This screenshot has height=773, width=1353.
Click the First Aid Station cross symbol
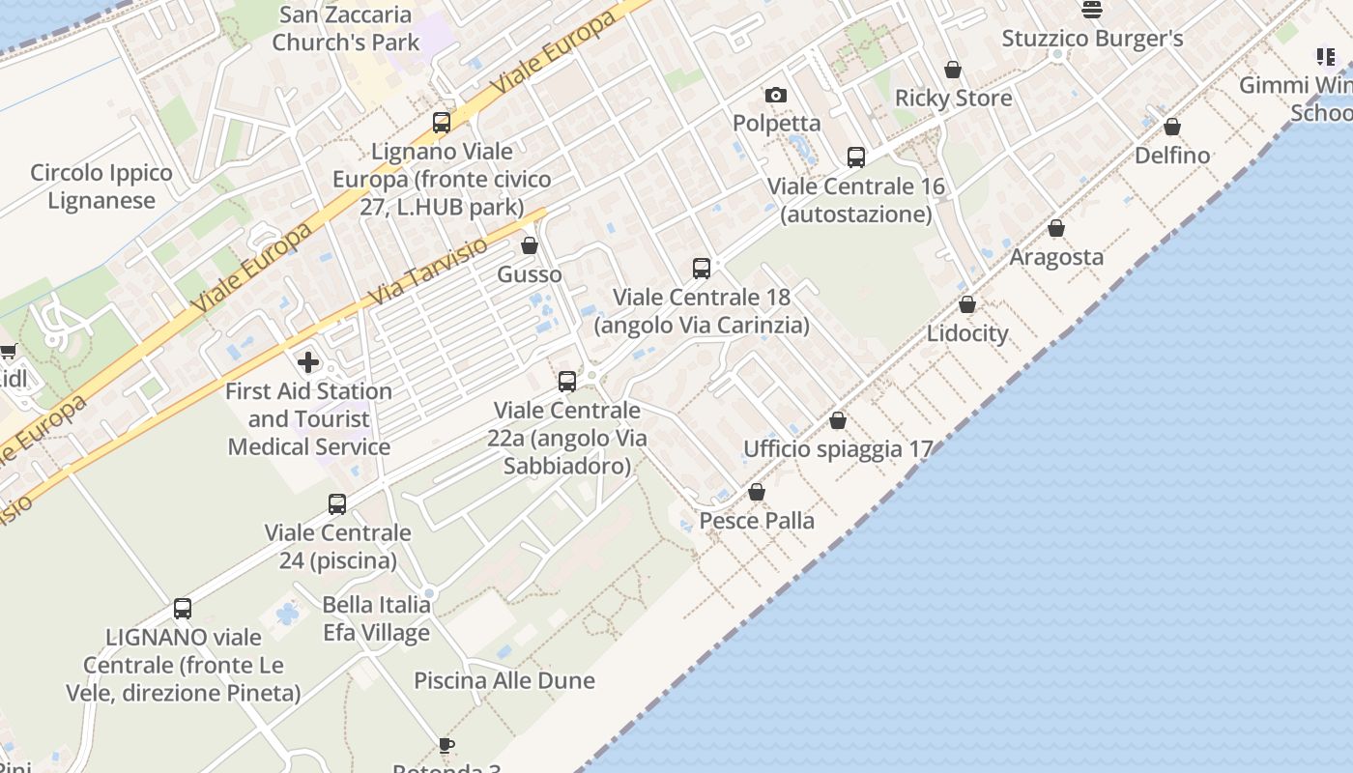(x=308, y=362)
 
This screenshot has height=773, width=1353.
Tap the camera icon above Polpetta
(x=775, y=95)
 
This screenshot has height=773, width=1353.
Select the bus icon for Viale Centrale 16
(x=855, y=157)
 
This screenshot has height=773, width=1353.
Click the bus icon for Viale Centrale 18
(x=702, y=268)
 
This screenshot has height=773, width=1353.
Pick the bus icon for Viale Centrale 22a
(x=567, y=381)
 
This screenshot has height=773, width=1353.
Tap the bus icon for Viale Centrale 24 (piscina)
(x=337, y=503)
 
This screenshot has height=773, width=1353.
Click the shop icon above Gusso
(x=530, y=245)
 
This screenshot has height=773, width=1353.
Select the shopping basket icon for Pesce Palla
(x=757, y=493)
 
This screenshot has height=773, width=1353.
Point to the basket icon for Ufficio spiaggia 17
(x=838, y=420)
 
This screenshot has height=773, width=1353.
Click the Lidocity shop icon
(x=967, y=304)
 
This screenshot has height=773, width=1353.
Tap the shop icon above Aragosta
(x=1056, y=228)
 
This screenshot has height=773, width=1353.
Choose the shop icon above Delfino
(x=1172, y=127)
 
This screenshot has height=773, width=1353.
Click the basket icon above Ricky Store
(x=953, y=70)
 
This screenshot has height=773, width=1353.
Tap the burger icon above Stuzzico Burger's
(x=1092, y=10)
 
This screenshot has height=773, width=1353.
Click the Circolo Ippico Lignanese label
(x=101, y=186)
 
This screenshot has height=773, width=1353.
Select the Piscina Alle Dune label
(x=504, y=680)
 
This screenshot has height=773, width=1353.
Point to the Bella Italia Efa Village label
(x=376, y=618)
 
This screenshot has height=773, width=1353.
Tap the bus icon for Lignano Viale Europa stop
(x=442, y=122)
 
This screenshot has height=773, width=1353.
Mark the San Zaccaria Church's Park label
(x=346, y=28)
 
